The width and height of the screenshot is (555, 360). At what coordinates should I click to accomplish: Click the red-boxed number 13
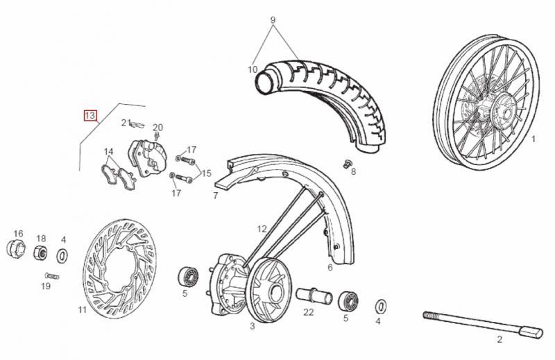point(90,115)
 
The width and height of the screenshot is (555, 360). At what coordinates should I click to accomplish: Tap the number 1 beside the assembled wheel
point(533,139)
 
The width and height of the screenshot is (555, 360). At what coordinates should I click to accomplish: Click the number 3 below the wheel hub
point(252,326)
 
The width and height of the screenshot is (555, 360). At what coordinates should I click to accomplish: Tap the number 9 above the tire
point(273,19)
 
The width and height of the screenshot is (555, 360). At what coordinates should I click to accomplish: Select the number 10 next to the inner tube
point(253,69)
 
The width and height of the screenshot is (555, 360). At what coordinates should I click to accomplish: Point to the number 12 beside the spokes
point(262,228)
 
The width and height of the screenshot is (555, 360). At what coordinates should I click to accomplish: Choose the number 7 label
point(216,196)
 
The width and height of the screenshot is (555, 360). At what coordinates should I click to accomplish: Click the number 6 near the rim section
point(330,266)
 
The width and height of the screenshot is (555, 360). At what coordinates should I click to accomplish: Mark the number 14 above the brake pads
point(108,152)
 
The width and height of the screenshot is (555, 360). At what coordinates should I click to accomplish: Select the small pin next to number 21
point(137,126)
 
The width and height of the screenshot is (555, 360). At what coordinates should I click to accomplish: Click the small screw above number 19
point(51,276)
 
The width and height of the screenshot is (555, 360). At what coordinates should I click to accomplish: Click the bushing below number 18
point(42,253)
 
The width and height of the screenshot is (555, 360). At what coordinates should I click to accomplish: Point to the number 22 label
point(309,312)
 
